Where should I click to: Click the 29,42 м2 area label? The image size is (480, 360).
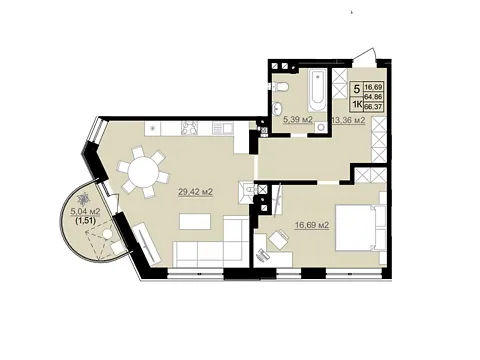tap(196, 192)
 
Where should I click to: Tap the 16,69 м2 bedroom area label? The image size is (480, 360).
tap(312, 226)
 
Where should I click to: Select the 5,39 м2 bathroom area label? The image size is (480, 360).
tap(297, 120)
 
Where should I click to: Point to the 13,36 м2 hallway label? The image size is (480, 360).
tap(349, 120)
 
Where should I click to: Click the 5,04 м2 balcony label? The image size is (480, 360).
tap(86, 211)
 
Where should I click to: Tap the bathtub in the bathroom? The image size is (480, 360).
tap(319, 91)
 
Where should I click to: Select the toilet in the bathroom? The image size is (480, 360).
tap(280, 87)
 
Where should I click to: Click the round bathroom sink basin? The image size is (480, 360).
tap(277, 108)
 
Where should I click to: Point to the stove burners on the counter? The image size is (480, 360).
tap(189, 128)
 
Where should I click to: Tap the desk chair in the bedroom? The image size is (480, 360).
tap(279, 239)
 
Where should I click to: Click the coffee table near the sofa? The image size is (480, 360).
tap(195, 222)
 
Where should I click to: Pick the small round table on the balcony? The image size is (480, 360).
tap(107, 234)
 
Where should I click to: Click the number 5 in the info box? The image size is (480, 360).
tap(357, 89)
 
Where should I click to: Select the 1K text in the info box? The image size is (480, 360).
tap(357, 105)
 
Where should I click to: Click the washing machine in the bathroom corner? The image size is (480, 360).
tap(321, 126)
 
